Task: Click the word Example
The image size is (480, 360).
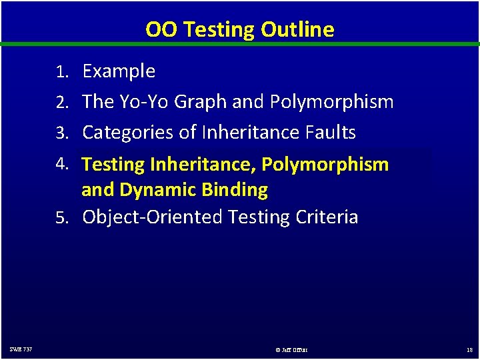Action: pyautogui.click(x=119, y=71)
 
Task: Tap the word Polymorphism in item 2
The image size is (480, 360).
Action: pyautogui.click(x=331, y=102)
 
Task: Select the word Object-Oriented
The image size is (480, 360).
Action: pyautogui.click(x=153, y=217)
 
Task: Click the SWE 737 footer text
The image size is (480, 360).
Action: pyautogui.click(x=21, y=349)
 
